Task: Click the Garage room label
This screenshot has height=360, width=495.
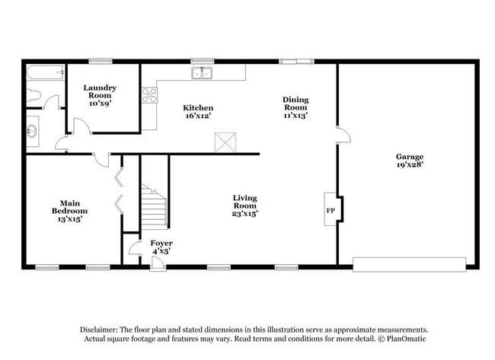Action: [x=409, y=155]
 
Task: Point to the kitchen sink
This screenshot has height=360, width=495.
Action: [x=202, y=73]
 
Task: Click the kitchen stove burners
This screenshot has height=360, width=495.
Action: [x=149, y=95]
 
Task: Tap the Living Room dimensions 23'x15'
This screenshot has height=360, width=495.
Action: [x=244, y=214]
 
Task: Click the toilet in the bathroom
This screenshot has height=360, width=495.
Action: [x=33, y=96]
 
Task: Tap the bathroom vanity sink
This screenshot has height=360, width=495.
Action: [x=33, y=132]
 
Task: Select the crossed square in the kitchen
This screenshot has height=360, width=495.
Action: [x=225, y=142]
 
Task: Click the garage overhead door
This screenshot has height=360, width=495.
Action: [x=409, y=264]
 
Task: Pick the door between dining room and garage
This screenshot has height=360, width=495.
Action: [x=343, y=135]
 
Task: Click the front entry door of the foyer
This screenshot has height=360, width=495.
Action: [x=158, y=263]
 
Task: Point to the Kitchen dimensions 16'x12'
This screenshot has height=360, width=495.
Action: [x=198, y=116]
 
